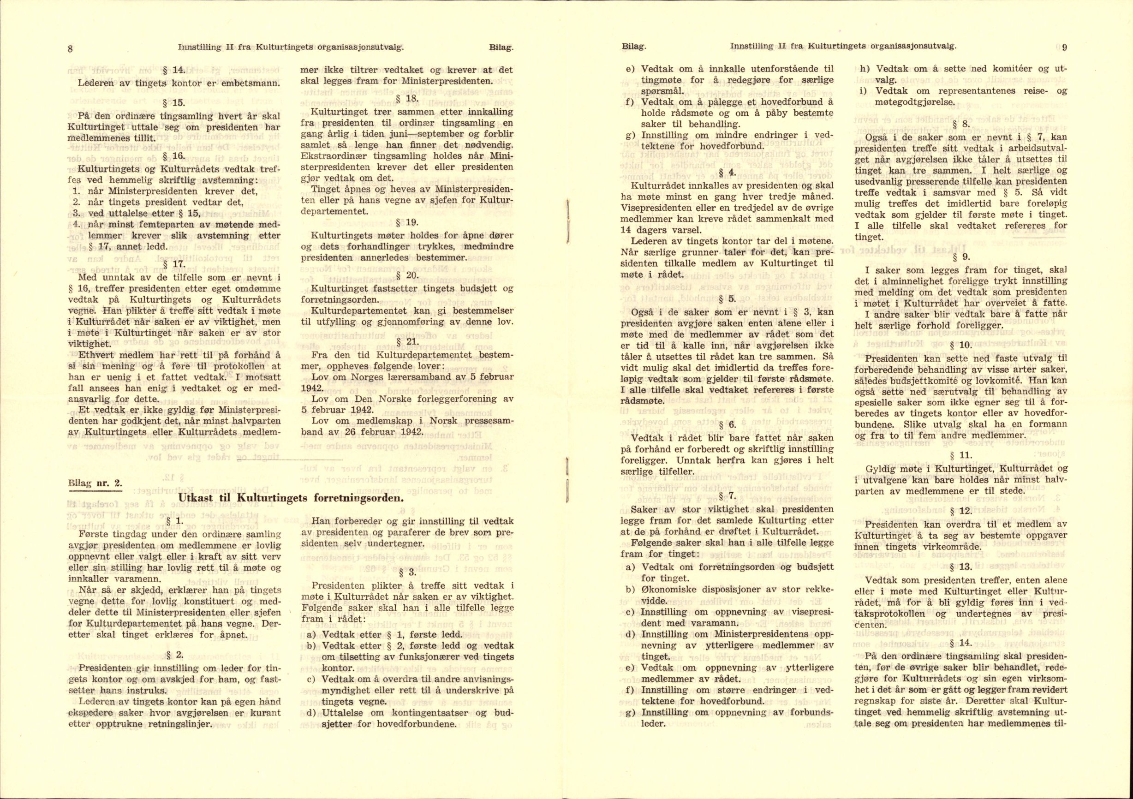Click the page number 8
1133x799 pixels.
70,49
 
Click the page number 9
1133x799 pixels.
1064,48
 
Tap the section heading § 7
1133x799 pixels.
728,496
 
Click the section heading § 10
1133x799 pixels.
960,345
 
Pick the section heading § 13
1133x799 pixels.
960,580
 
